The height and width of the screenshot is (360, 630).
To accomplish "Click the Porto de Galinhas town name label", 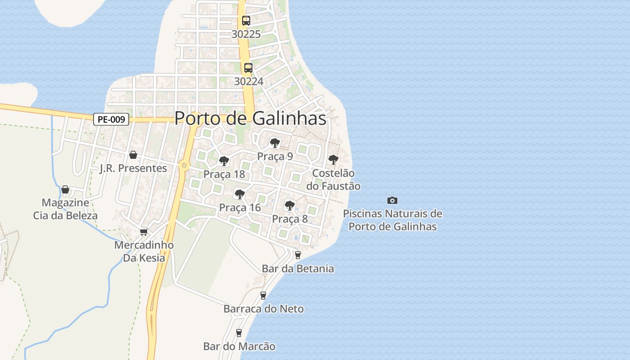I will (250, 118).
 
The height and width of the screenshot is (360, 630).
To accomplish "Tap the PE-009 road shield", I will (112, 119).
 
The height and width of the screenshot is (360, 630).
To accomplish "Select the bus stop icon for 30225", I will (246, 21).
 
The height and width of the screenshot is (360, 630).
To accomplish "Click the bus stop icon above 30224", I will (248, 68).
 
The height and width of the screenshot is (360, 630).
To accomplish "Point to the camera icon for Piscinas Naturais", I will (392, 200).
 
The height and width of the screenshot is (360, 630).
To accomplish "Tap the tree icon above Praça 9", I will (274, 143).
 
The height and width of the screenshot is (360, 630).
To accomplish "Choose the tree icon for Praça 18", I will (224, 161).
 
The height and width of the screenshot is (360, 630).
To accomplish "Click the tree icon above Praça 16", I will (239, 194).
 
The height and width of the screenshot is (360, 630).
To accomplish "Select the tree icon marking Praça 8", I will (290, 206).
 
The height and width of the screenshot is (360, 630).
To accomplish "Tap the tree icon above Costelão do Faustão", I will (333, 159).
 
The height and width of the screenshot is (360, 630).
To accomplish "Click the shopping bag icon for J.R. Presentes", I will (133, 155).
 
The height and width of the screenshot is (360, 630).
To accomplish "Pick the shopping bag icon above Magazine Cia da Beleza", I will (65, 189).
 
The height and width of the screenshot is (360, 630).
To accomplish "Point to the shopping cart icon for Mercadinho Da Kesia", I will (144, 232).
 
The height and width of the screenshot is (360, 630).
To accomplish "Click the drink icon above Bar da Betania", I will (297, 255).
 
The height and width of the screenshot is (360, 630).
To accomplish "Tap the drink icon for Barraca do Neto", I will (263, 296).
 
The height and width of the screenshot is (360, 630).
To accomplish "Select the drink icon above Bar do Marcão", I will (239, 333).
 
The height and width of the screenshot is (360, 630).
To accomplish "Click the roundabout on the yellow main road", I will (184, 166).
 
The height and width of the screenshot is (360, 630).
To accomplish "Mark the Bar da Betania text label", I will (298, 269).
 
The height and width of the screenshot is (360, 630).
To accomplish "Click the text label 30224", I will (248, 81).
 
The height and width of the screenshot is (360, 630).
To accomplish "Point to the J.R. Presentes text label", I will (133, 168).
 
